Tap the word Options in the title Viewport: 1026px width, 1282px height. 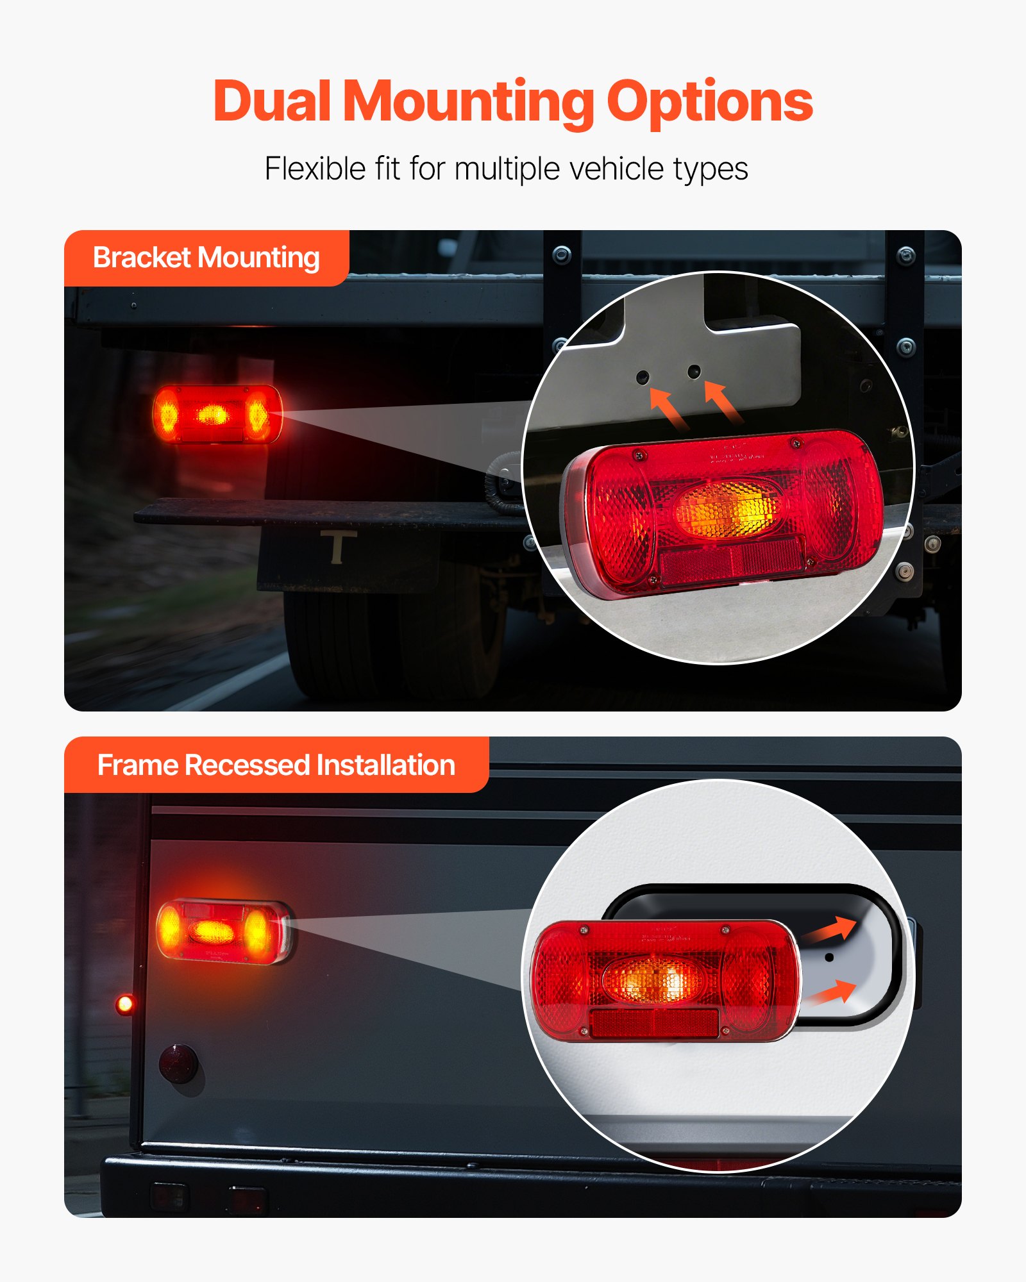tap(709, 103)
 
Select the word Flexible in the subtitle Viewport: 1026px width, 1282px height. tap(315, 169)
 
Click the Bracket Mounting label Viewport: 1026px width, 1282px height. tap(206, 258)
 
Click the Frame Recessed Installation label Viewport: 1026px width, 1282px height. tap(276, 765)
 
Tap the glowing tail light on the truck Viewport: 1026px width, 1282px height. tap(217, 414)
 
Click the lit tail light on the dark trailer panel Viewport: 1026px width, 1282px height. tap(223, 931)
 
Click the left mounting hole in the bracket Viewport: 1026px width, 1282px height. tap(643, 377)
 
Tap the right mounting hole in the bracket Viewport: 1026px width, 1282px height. tap(694, 371)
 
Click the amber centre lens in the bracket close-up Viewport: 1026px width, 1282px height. tap(728, 510)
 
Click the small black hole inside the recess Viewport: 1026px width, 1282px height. tap(829, 957)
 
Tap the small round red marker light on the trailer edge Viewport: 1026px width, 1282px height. tap(125, 1004)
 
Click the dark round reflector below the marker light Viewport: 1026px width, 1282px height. tap(178, 1063)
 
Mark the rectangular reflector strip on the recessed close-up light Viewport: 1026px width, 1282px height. tap(654, 1023)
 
